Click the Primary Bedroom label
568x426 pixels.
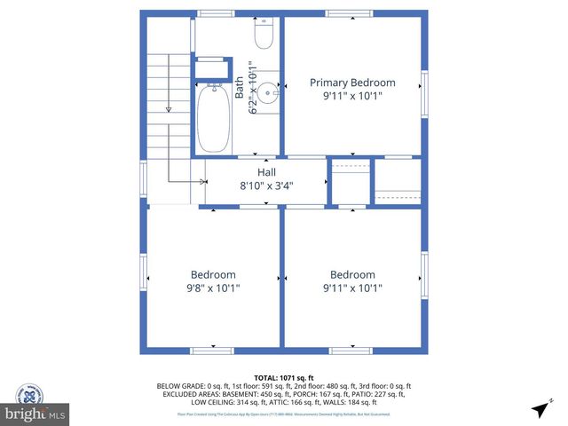click(352, 83)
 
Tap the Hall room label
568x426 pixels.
click(266, 172)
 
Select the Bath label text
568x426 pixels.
click(240, 87)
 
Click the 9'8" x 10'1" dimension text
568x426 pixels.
click(213, 288)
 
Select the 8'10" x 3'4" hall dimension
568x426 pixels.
click(266, 186)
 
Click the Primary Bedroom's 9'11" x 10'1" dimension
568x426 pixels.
click(352, 97)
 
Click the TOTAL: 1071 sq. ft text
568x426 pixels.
click(284, 377)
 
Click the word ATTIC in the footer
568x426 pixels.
click(277, 400)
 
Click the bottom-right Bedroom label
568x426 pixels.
click(352, 274)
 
